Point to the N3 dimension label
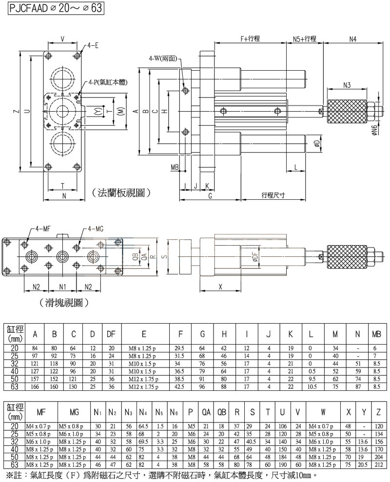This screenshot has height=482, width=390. click(347, 85)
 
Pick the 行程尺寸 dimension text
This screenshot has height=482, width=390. click(273, 194)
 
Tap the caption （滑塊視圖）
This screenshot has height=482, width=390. click(64, 303)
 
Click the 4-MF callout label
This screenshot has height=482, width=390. click(43, 228)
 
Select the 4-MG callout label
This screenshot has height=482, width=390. click(96, 228)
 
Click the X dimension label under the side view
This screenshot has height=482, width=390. click(220, 287)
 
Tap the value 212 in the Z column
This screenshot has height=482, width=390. click(378, 465)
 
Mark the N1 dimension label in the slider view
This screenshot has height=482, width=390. click(62, 287)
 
